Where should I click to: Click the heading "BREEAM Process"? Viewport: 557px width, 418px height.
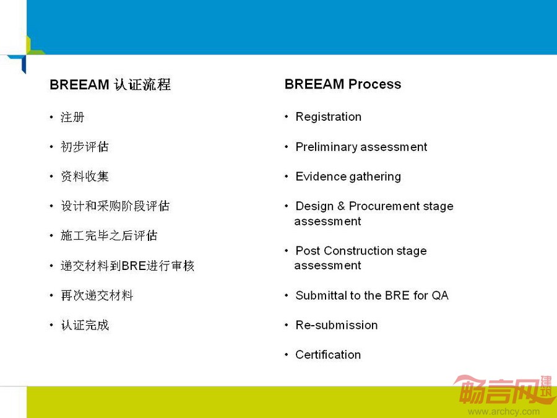click(x=343, y=84)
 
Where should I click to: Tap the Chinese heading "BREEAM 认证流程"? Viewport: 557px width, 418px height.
click(x=110, y=85)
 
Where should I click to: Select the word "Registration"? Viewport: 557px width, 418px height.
click(x=329, y=117)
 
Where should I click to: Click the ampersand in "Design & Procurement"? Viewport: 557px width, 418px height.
click(x=341, y=206)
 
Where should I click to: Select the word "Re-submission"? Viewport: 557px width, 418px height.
click(x=337, y=325)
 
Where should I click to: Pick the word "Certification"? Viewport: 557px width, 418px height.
click(x=328, y=355)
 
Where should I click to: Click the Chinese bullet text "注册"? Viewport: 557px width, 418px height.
click(x=72, y=117)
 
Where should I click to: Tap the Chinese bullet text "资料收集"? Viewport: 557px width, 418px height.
click(x=85, y=176)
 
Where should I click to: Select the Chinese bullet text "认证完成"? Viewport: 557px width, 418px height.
click(x=85, y=325)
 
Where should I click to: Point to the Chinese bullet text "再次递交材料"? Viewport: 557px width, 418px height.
click(x=97, y=295)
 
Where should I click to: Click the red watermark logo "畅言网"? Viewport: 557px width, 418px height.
click(x=503, y=390)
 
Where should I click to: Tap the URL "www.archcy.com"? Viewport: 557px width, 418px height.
click(x=504, y=412)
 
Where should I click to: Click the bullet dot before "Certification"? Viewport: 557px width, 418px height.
click(x=287, y=354)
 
